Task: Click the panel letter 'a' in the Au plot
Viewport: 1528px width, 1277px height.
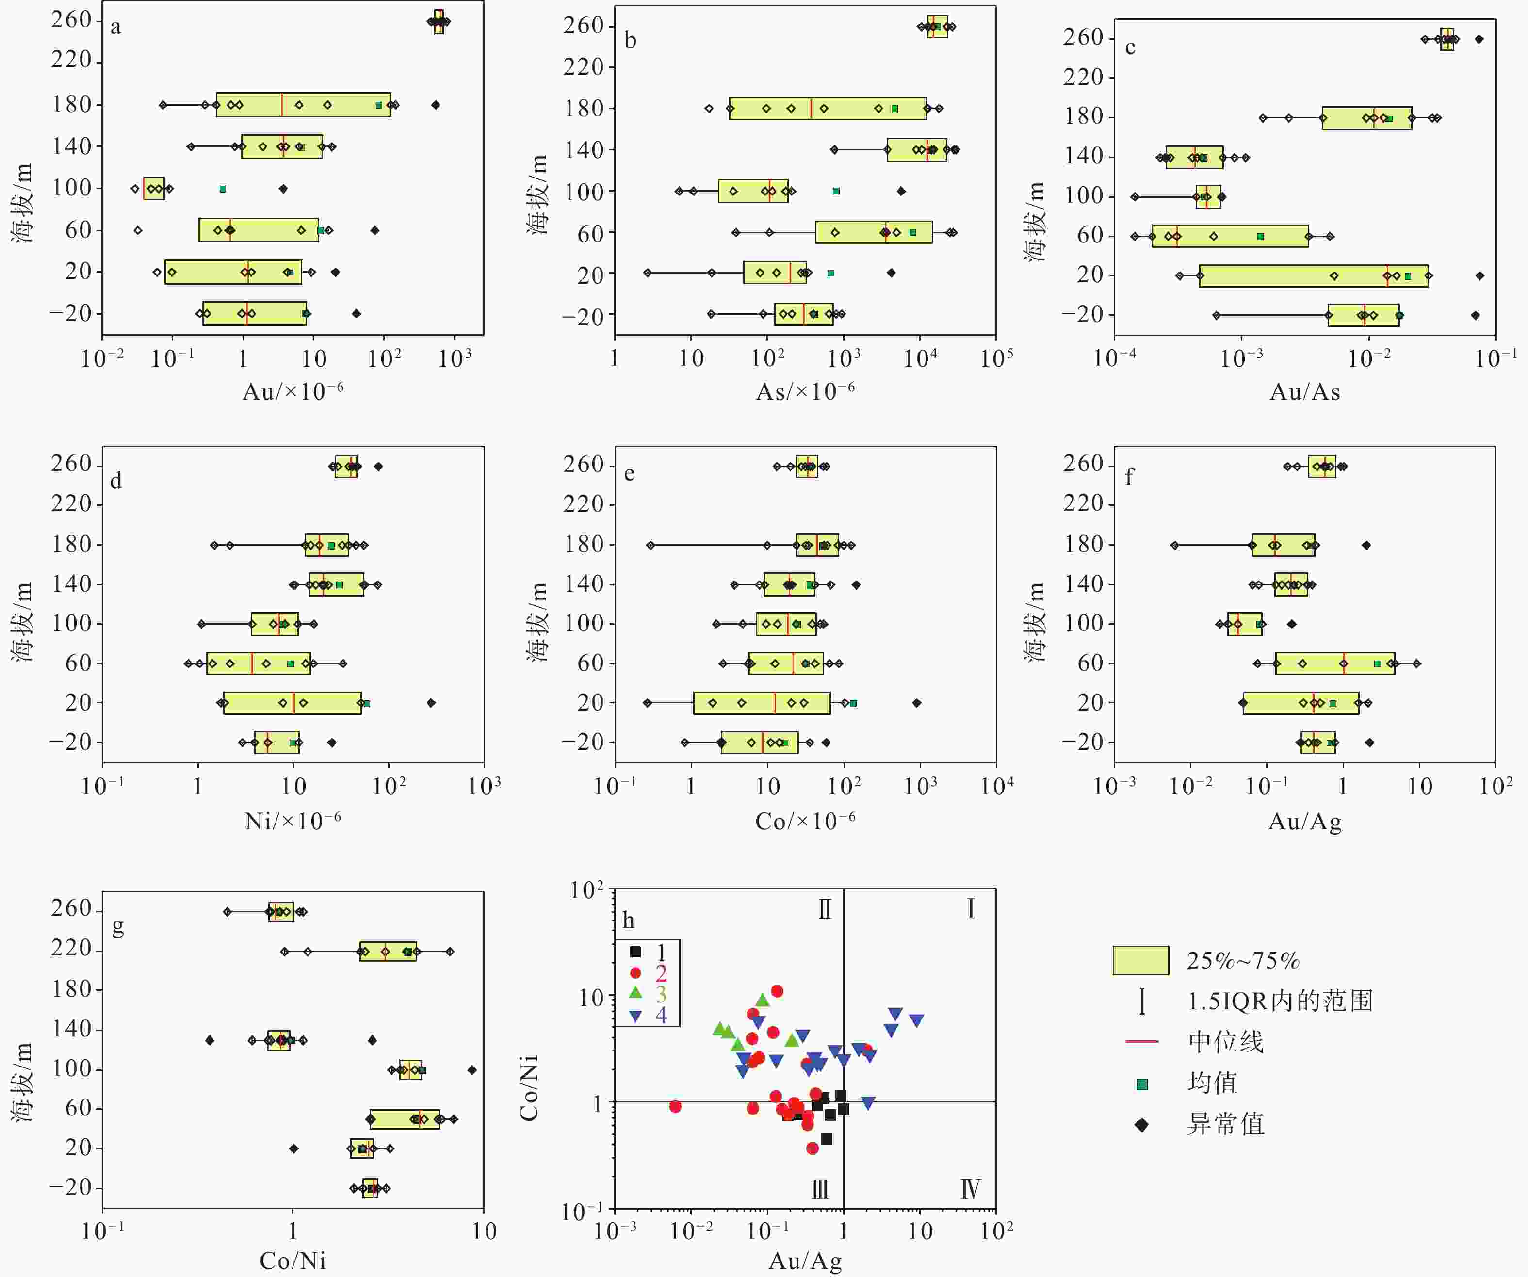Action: coord(115,28)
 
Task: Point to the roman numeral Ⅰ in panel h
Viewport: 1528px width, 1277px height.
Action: coord(970,909)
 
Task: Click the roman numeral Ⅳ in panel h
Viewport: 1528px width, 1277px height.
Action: coord(970,1190)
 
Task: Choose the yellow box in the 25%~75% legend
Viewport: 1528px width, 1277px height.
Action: coord(1140,960)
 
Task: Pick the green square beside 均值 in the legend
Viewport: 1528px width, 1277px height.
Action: coord(1142,1084)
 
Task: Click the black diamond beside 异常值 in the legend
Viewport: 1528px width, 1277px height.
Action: coord(1142,1125)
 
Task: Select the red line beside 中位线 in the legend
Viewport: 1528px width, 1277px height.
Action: coord(1142,1042)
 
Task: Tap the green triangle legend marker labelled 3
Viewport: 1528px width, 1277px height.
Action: coord(636,992)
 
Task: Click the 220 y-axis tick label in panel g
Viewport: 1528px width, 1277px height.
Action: coord(71,949)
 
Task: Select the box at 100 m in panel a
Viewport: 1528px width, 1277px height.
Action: coord(153,189)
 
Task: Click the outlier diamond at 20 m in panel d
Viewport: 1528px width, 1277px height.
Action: coord(431,703)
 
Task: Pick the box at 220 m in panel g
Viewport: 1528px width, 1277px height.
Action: coord(388,951)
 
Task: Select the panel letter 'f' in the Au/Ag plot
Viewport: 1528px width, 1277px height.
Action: coord(1129,477)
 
